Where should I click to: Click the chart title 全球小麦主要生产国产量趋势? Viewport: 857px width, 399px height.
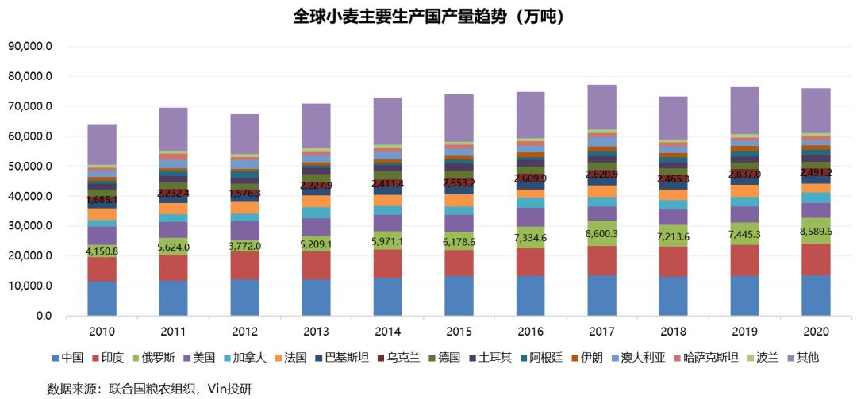[428, 16]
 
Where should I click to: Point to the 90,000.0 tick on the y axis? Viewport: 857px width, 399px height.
[30, 47]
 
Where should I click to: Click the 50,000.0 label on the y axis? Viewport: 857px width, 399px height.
[30, 167]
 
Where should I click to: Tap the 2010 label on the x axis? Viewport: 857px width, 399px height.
[102, 332]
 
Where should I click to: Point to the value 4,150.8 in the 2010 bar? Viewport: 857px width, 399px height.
[102, 251]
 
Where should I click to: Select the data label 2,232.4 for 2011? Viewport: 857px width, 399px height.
[173, 192]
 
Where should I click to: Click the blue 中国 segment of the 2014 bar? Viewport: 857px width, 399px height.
[387, 297]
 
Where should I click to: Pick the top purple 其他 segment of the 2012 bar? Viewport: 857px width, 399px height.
[244, 133]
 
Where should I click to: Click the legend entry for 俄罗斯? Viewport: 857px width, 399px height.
[158, 358]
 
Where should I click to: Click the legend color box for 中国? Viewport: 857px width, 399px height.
[55, 359]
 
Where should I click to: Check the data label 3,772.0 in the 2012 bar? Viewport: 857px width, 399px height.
[244, 245]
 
